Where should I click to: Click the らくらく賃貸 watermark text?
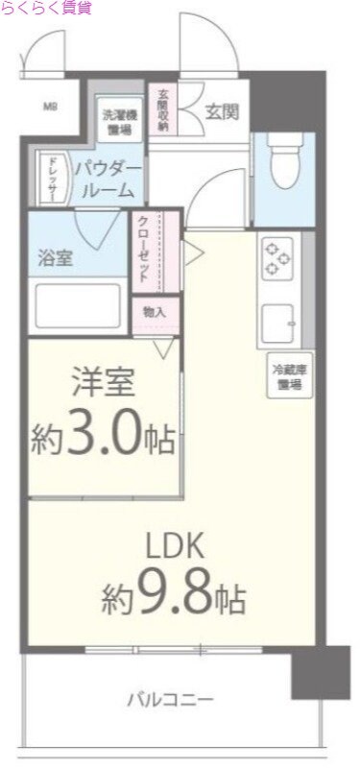(46, 9)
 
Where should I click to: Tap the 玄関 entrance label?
(222, 110)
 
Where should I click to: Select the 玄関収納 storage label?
(163, 108)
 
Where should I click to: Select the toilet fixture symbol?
(283, 164)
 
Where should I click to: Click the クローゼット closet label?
(142, 248)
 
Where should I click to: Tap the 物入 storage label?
(154, 312)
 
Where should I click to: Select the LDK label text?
(175, 546)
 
